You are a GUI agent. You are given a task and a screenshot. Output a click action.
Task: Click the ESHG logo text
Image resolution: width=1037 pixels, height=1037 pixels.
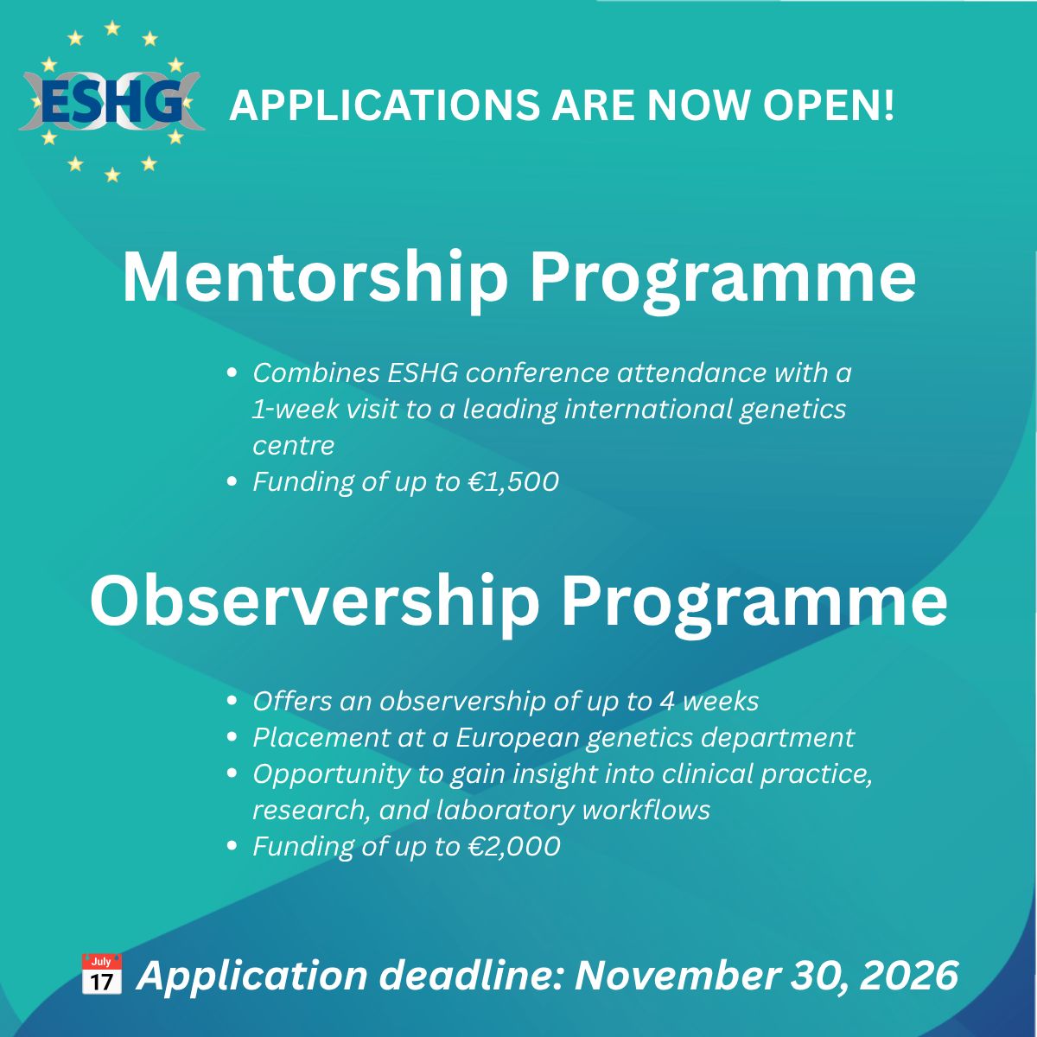point(111,102)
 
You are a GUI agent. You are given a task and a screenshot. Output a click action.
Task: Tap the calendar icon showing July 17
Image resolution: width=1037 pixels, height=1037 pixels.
point(101,974)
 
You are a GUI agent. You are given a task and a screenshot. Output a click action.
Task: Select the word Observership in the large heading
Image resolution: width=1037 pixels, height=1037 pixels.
point(315,602)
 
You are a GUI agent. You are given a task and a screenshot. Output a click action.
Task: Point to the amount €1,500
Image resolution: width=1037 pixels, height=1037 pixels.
point(513,481)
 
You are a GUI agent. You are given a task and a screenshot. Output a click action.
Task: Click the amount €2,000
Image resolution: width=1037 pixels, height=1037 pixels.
point(514,846)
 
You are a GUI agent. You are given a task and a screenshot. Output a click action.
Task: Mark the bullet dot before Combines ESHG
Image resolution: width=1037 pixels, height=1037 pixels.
point(232,372)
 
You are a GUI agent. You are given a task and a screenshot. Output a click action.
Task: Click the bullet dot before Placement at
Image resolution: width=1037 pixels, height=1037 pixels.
point(232,737)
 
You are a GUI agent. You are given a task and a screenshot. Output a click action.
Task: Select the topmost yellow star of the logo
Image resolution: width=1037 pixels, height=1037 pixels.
point(112,28)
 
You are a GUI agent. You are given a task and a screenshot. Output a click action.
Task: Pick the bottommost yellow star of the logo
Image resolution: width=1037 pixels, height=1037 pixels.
point(112,175)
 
